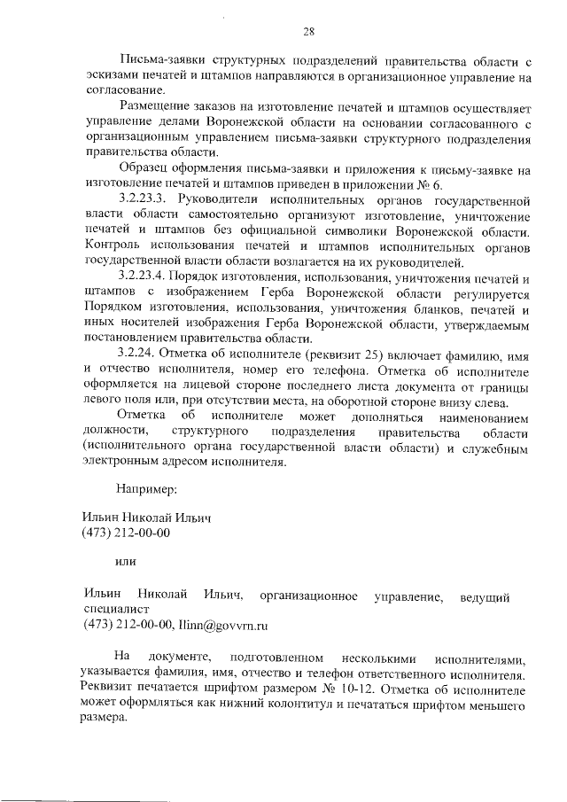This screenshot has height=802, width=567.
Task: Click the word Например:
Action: click(146, 487)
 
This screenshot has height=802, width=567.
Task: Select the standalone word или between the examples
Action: click(125, 560)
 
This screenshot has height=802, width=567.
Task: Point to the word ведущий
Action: click(486, 596)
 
